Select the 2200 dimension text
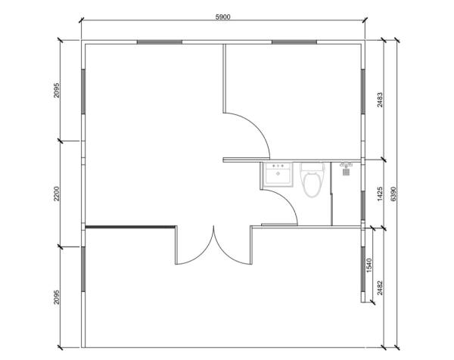tap(57, 194)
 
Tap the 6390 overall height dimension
tap(393, 194)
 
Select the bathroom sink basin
tap(278, 176)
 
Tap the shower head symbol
tap(347, 169)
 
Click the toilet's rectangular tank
tap(312, 168)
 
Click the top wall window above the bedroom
tap(294, 42)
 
